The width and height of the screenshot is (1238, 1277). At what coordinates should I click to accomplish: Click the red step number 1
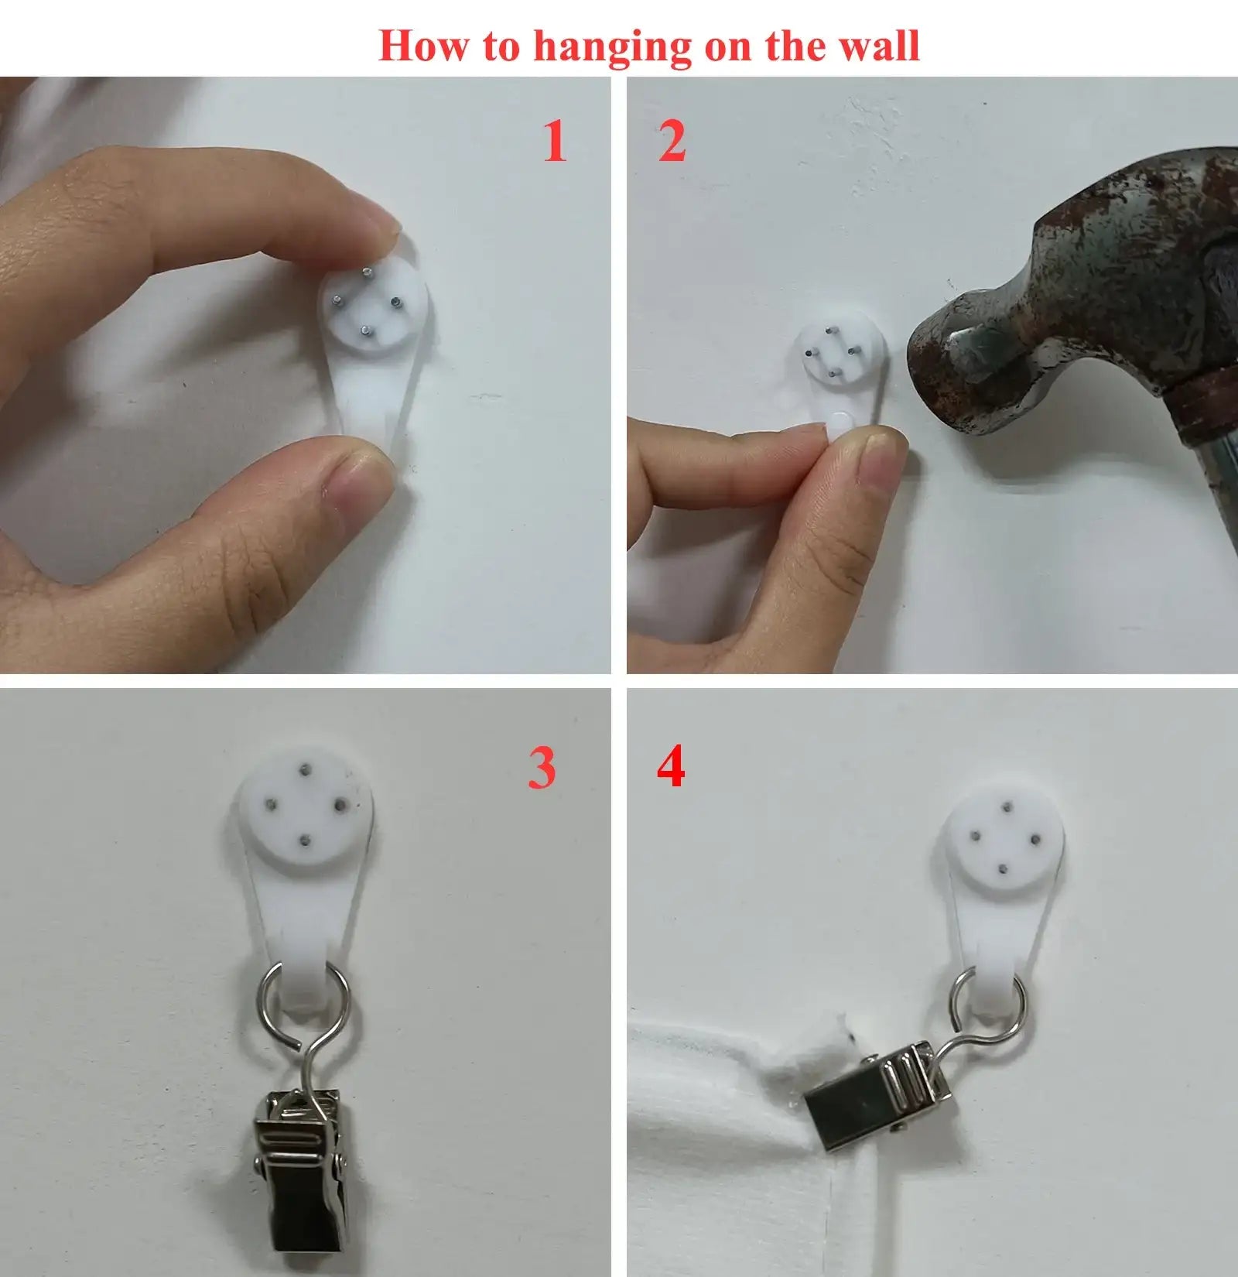(x=554, y=142)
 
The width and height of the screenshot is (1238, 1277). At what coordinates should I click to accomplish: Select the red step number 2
(x=672, y=142)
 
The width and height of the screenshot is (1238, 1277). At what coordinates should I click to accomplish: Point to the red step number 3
(x=542, y=768)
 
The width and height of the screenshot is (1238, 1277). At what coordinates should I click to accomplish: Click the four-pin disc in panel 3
(x=306, y=806)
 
